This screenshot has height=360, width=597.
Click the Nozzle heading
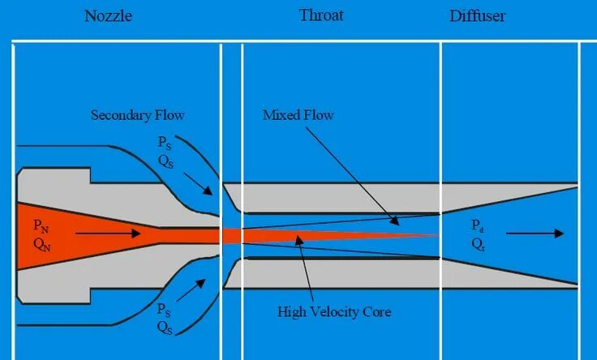pyautogui.click(x=108, y=15)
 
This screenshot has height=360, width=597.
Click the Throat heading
pyautogui.click(x=321, y=15)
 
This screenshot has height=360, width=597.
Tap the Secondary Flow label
pyautogui.click(x=143, y=115)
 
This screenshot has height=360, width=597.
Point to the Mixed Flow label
pyautogui.click(x=298, y=115)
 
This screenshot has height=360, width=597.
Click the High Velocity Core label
pyautogui.click(x=334, y=311)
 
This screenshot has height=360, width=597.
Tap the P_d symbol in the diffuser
pyautogui.click(x=476, y=224)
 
